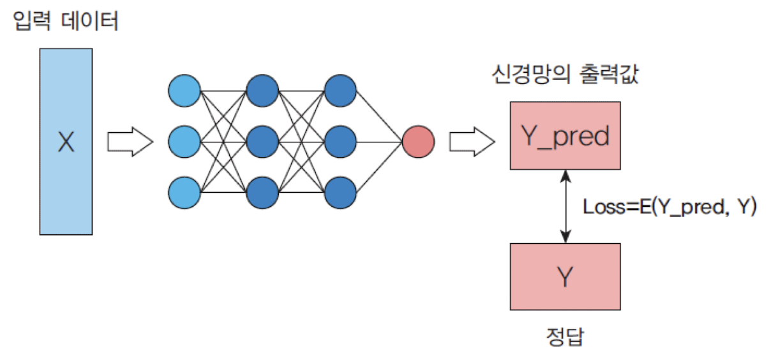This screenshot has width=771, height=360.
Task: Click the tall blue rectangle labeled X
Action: coord(66,142)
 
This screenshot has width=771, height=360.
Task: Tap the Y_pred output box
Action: coord(565,135)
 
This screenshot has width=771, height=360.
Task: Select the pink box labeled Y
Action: coord(565,276)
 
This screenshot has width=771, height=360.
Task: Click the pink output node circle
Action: coord(418,141)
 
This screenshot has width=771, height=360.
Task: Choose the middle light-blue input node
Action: coord(184,141)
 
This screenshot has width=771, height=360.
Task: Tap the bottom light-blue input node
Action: coord(184,191)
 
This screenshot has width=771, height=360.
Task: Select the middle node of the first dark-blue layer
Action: coord(262,141)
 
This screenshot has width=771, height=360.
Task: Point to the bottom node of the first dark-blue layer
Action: coord(262,191)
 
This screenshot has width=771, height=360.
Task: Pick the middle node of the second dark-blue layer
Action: coord(340,141)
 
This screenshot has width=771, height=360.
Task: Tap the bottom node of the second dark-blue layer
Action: coord(340,191)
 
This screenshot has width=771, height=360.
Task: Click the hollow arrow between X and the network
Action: coord(130,142)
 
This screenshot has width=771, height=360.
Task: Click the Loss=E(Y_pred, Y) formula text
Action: coord(670,207)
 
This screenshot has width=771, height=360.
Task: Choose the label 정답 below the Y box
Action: coord(565,336)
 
